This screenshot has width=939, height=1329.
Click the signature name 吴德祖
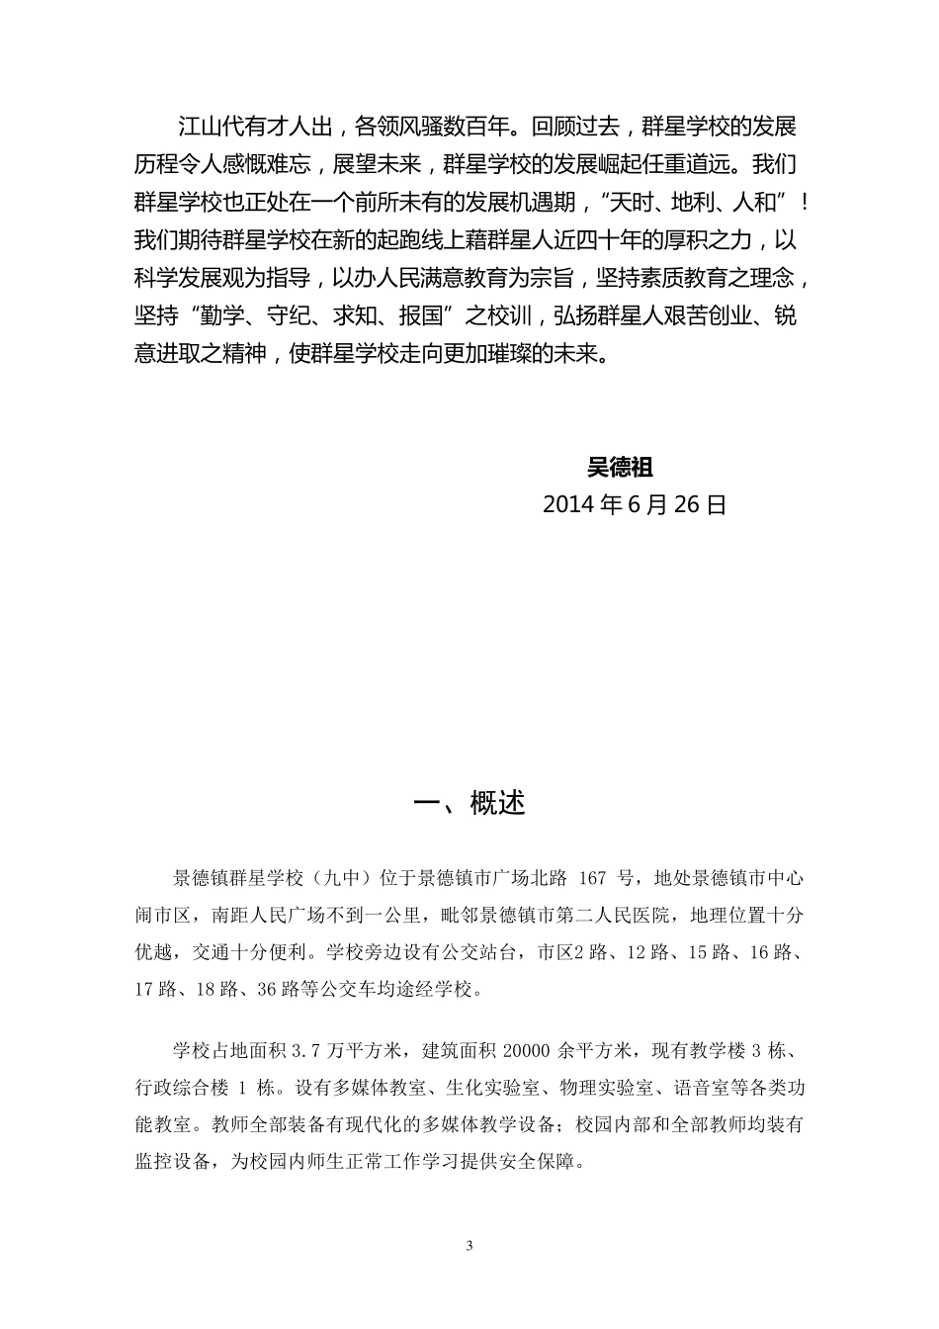pyautogui.click(x=620, y=467)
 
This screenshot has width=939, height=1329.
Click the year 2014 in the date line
pyautogui.click(x=568, y=504)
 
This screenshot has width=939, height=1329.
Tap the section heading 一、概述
pyautogui.click(x=469, y=803)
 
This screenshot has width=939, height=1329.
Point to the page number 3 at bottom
pyautogui.click(x=469, y=1245)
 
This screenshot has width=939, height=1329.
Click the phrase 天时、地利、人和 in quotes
pyautogui.click(x=700, y=203)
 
